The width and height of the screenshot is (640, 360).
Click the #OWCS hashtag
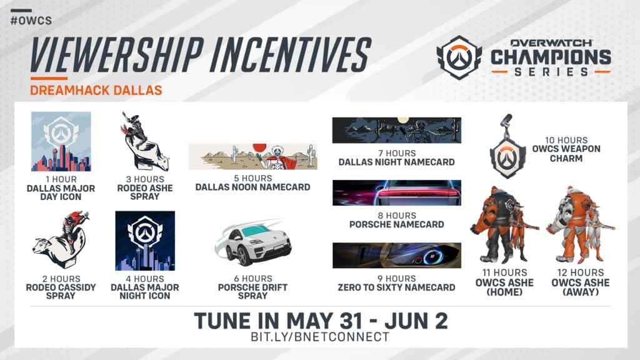click(x=31, y=21)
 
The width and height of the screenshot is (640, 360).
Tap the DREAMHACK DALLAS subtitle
click(x=96, y=90)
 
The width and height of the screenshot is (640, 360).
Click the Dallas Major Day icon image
click(x=61, y=141)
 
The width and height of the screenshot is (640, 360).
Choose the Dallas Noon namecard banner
click(x=252, y=156)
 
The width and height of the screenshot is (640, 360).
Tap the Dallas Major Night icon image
click(x=145, y=241)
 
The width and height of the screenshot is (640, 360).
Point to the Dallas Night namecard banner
click(x=396, y=130)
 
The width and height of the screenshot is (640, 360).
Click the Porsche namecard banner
click(x=396, y=192)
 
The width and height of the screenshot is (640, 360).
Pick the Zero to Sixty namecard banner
click(x=396, y=255)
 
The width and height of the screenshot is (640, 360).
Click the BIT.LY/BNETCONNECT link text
click(x=319, y=337)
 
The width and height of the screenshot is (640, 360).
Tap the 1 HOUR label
click(x=61, y=179)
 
